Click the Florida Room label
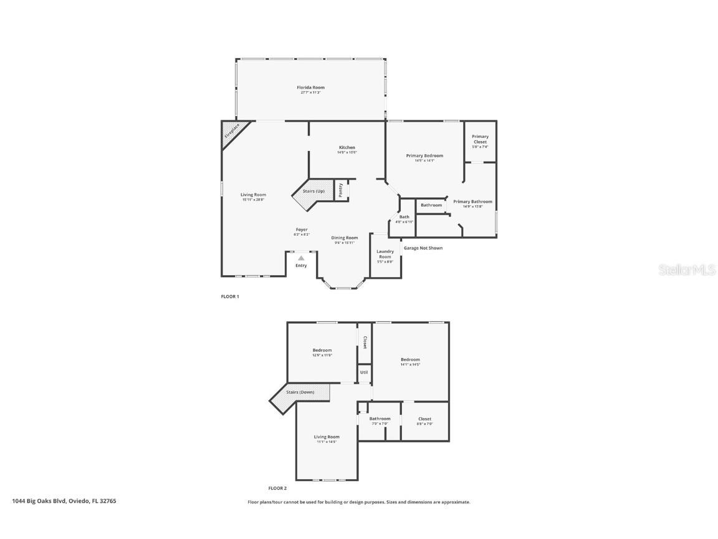click(x=310, y=87)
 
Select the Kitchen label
click(x=347, y=148)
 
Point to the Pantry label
click(x=341, y=190)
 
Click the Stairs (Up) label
click(x=314, y=191)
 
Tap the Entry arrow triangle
click(x=301, y=257)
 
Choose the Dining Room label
click(x=344, y=238)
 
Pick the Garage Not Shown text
click(x=423, y=248)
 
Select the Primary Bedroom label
click(x=424, y=155)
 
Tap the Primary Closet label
click(x=480, y=139)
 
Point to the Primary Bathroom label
click(x=472, y=202)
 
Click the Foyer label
click(x=301, y=230)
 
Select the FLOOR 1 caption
click(x=230, y=296)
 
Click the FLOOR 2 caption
click(x=277, y=488)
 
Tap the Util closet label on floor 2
click(x=364, y=372)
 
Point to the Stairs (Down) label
click(x=300, y=392)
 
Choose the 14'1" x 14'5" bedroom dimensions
click(x=410, y=364)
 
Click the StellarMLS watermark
click(x=688, y=270)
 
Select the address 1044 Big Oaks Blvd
click(x=41, y=501)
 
